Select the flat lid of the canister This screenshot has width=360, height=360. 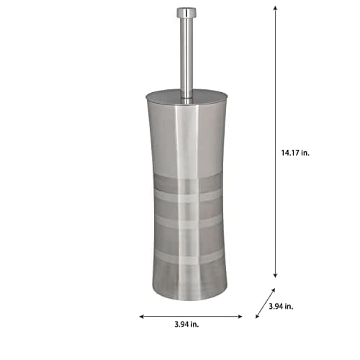(186, 96)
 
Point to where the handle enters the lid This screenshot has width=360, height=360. (186, 95)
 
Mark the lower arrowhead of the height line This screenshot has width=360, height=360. (275, 274)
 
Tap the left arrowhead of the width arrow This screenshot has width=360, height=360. (143, 315)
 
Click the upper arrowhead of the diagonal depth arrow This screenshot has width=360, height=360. (273, 291)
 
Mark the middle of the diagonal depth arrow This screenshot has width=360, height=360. (265, 302)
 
